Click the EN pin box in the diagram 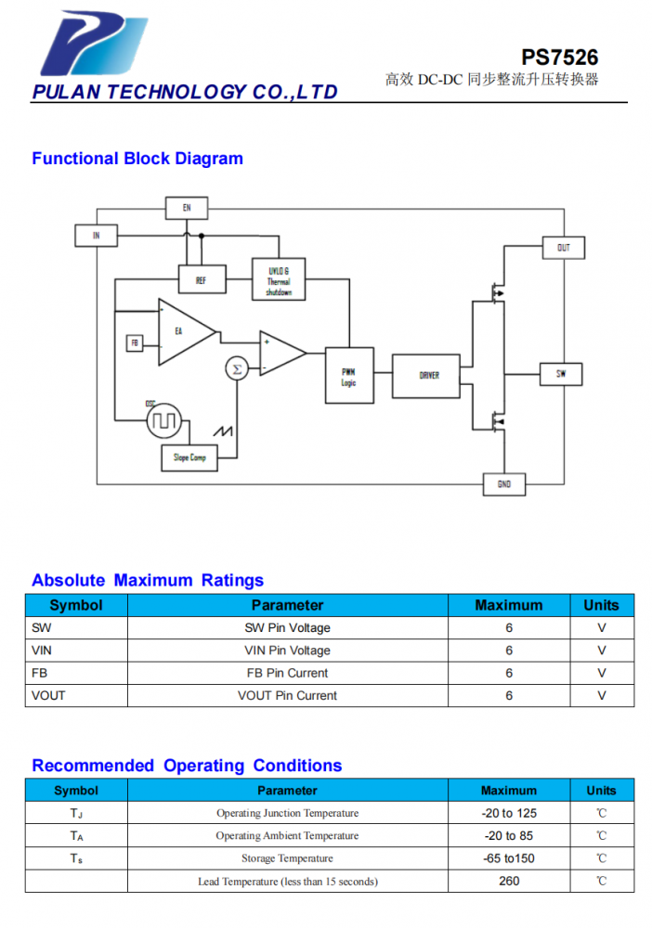tap(187, 208)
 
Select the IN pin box tap(96, 236)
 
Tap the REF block tap(202, 279)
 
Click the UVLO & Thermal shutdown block tap(279, 279)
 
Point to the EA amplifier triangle tap(182, 332)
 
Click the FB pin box tap(135, 343)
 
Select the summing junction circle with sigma tap(237, 369)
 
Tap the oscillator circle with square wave tap(164, 420)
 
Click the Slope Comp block tap(189, 458)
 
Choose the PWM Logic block tap(349, 376)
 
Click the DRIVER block tap(426, 376)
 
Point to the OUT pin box tap(563, 248)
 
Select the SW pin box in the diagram tap(561, 374)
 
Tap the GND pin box tap(504, 484)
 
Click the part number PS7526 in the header tap(560, 58)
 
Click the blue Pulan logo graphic tap(94, 44)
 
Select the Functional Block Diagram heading tap(137, 159)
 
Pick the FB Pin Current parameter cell tap(287, 673)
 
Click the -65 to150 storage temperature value tap(509, 858)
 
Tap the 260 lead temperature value tap(509, 881)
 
